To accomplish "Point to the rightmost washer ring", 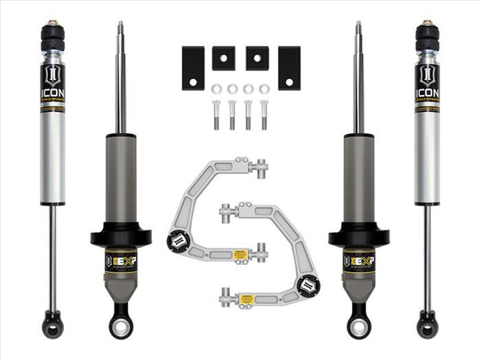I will click(x=263, y=90).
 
